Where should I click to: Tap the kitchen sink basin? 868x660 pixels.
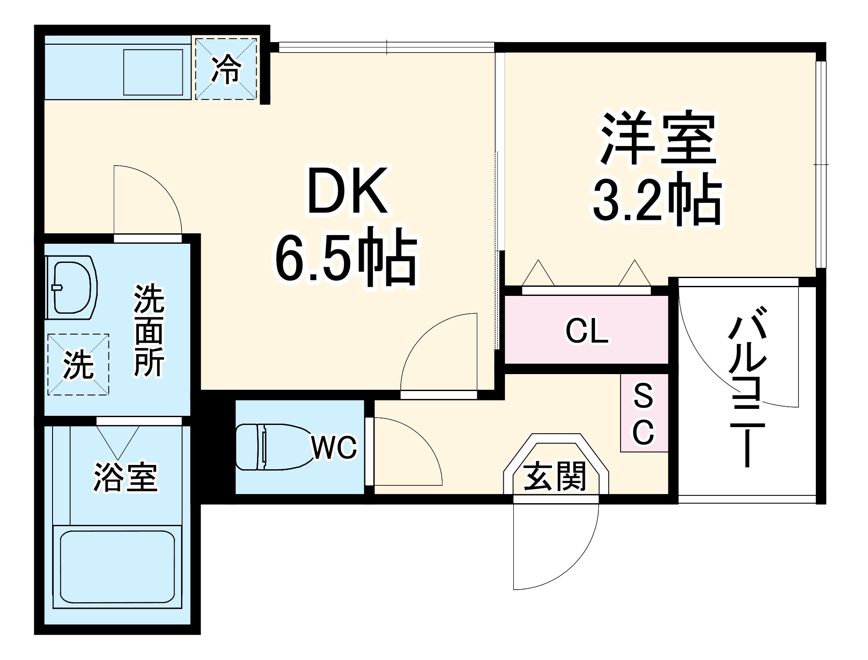pos(153,72)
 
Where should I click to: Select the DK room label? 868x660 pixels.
pos(347,191)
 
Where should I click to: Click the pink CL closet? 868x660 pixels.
pos(586,330)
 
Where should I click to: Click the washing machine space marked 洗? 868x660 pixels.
pos(78,365)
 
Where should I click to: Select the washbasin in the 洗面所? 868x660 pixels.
pos(72,288)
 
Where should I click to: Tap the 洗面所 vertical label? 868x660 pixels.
pos(149,330)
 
